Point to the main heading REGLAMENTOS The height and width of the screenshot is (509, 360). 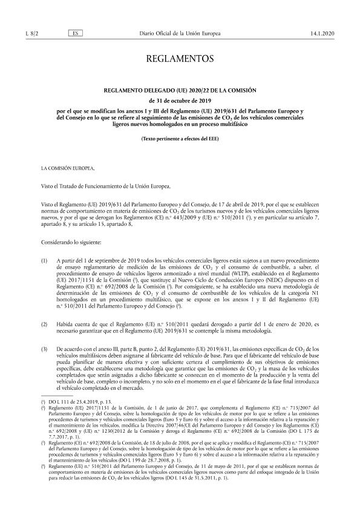click(x=180, y=59)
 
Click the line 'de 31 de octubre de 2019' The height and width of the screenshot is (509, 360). click(x=180, y=100)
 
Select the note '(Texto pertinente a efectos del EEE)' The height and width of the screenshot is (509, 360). click(x=180, y=139)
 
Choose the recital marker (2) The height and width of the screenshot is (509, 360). click(x=44, y=324)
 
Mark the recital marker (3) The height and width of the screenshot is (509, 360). click(x=44, y=349)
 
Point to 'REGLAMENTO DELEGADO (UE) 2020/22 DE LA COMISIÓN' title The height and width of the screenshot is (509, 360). click(x=180, y=90)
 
